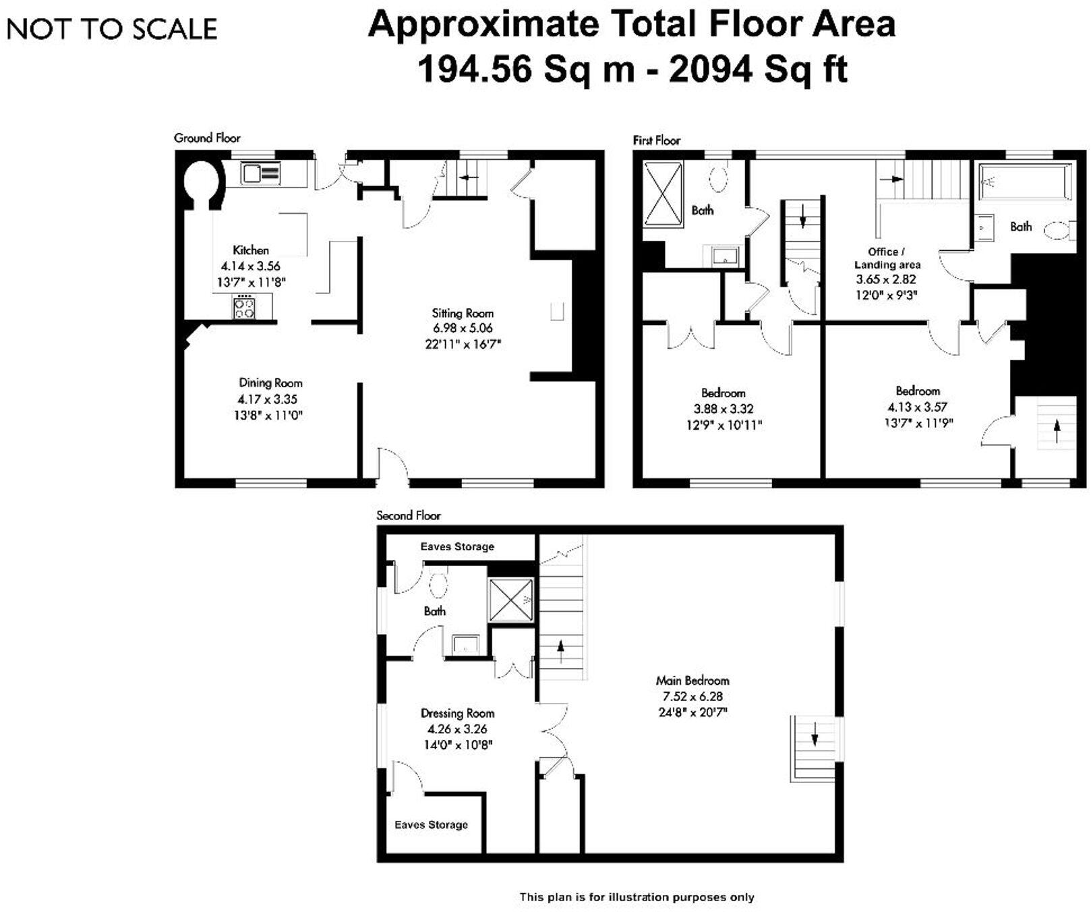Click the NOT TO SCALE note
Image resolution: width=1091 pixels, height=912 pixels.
pyautogui.click(x=111, y=29)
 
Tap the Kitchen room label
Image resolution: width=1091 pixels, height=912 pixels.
pyautogui.click(x=251, y=250)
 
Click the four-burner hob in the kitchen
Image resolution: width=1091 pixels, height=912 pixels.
pyautogui.click(x=244, y=308)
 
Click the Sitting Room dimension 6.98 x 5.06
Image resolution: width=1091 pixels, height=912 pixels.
pyautogui.click(x=463, y=329)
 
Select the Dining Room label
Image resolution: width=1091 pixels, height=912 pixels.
pyautogui.click(x=270, y=383)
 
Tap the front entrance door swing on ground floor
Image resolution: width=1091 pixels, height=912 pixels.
pyautogui.click(x=392, y=465)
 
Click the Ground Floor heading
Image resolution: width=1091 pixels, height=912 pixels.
pyautogui.click(x=207, y=138)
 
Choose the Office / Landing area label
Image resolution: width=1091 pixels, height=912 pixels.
pyautogui.click(x=887, y=258)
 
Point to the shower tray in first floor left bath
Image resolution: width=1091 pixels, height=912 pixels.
pyautogui.click(x=663, y=193)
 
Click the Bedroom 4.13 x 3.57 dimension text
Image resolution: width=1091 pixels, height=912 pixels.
pyautogui.click(x=917, y=407)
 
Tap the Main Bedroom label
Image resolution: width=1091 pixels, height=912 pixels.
pyautogui.click(x=692, y=681)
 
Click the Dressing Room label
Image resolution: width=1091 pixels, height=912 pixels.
pyautogui.click(x=457, y=713)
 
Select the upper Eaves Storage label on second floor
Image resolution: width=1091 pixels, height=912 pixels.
pyautogui.click(x=457, y=546)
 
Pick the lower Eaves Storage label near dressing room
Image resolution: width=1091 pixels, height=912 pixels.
pyautogui.click(x=431, y=824)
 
